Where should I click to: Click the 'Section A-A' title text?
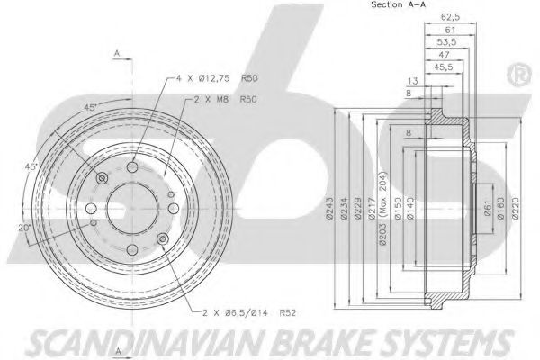[x=398, y=4]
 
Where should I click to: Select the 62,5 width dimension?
[x=451, y=16]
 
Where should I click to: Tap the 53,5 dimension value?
[x=446, y=42]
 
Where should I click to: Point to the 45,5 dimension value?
[x=444, y=67]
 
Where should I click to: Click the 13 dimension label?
[x=412, y=81]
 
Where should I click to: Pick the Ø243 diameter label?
[x=329, y=208]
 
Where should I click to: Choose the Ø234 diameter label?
[x=344, y=208]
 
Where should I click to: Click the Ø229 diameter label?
[x=358, y=208]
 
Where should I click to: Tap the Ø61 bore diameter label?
[x=488, y=208]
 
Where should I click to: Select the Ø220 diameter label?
[x=515, y=208]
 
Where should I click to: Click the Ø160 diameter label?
[x=500, y=208]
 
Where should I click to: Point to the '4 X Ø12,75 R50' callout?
[x=217, y=78]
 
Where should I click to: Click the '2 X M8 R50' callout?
[x=226, y=100]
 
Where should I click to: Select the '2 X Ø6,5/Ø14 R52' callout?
[x=249, y=313]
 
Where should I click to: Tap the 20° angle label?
[x=24, y=228]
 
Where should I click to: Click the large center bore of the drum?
[x=132, y=209]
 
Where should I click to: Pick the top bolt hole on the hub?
[x=132, y=167]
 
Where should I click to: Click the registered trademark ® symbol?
[x=519, y=75]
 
